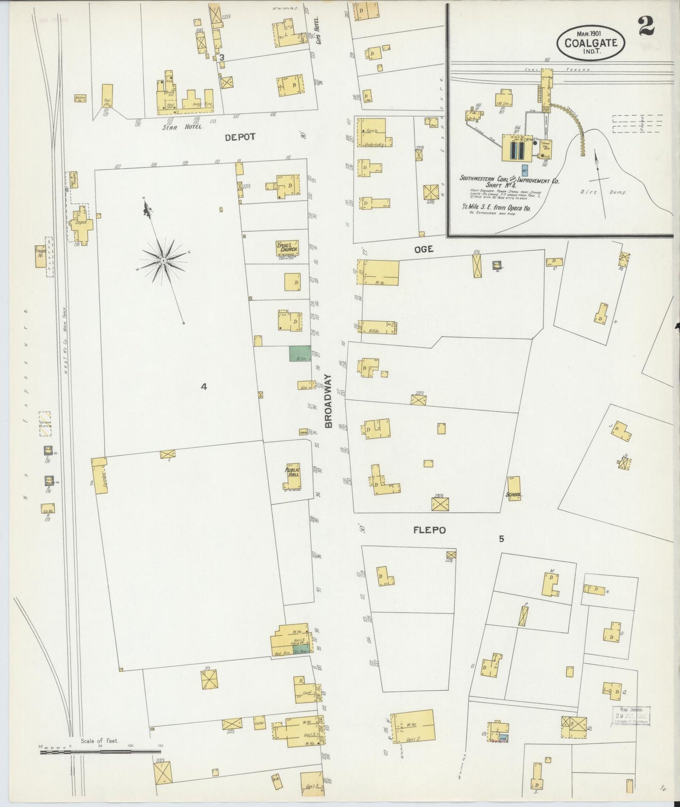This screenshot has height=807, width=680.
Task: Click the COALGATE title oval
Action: [x=591, y=42]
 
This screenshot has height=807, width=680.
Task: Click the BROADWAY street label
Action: [x=328, y=401]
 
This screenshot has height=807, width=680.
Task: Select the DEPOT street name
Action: [x=240, y=137]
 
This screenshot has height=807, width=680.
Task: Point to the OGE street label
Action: [x=424, y=250]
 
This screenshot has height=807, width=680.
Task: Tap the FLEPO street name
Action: [x=429, y=530]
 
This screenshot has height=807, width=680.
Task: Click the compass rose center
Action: [x=163, y=260]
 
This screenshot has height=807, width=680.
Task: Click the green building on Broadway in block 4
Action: [x=300, y=353]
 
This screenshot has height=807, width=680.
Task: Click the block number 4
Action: [x=203, y=387]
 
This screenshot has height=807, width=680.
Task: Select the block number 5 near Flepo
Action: [x=501, y=539]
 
